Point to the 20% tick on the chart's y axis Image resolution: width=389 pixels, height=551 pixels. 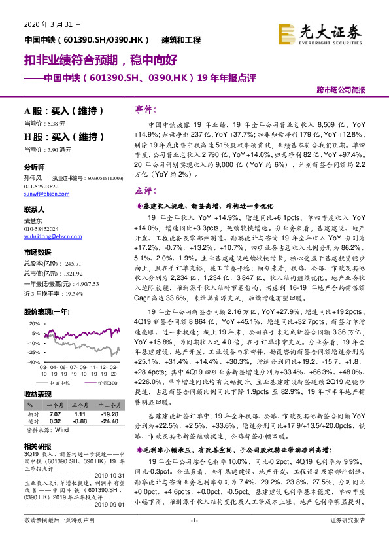[31, 324]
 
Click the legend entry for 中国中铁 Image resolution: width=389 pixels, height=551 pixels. [61, 382]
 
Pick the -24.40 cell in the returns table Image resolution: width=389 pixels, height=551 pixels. [107, 421]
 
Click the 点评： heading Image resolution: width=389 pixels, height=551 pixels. [145, 190]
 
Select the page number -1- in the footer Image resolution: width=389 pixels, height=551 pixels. [194, 538]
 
